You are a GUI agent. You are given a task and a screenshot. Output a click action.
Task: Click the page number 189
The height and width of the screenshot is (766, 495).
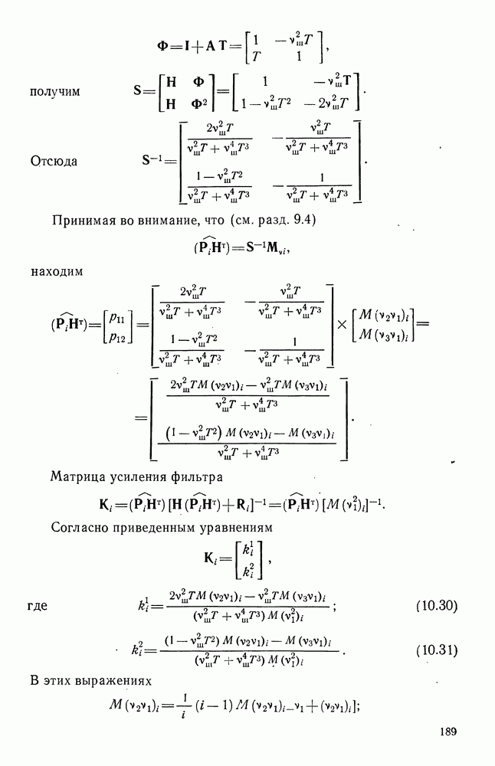click(448, 732)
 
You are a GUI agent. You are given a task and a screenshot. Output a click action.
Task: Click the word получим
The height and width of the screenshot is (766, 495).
click(55, 92)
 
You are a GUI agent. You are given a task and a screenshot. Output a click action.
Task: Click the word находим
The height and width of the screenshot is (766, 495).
click(57, 270)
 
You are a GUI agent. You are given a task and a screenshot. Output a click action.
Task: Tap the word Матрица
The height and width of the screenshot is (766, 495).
click(78, 478)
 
